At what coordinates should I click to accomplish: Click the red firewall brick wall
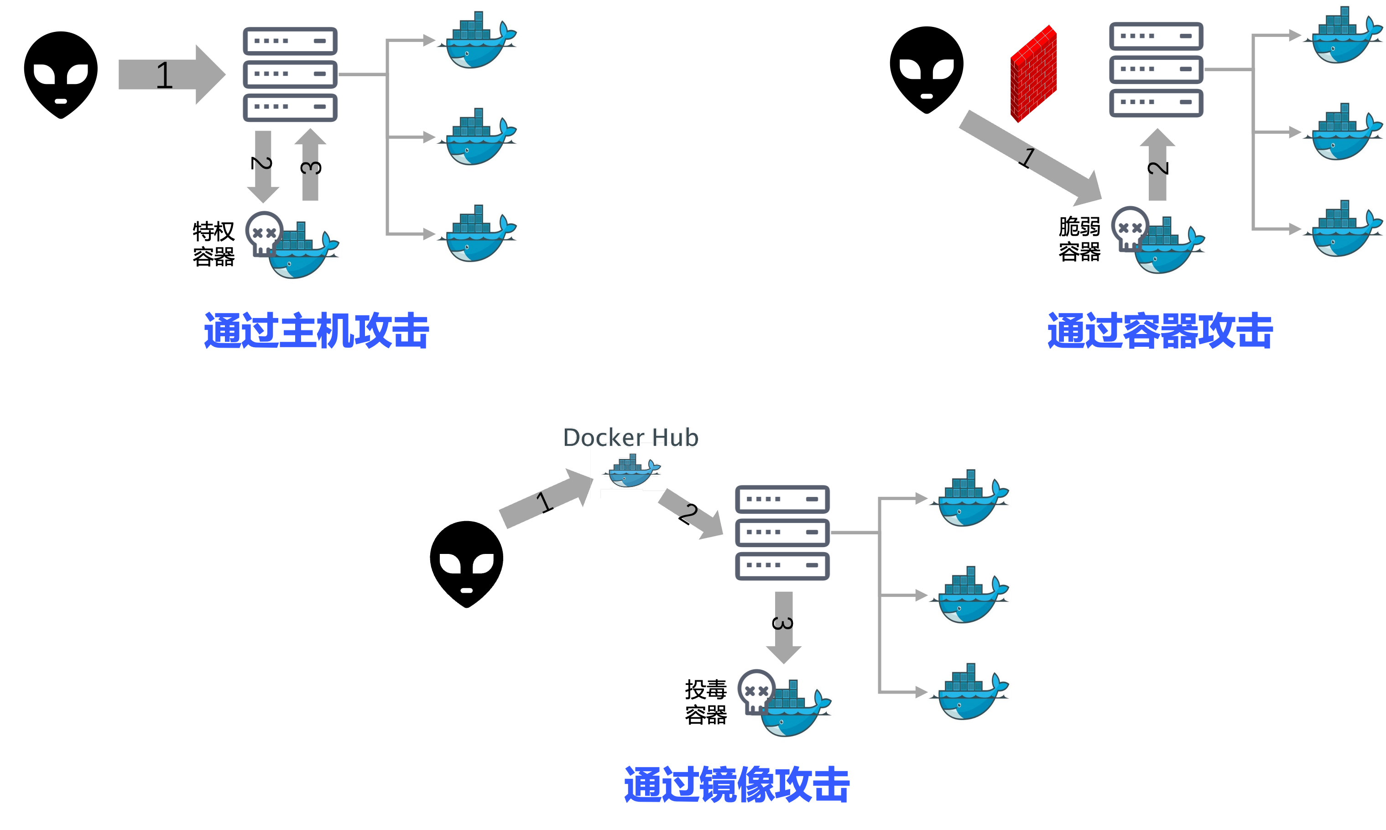point(1034,74)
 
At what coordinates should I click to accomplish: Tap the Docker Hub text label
point(630,438)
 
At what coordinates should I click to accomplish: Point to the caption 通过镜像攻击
point(737,785)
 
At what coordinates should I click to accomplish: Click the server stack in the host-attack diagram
point(290,74)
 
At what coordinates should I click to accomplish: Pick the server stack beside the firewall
point(1156,69)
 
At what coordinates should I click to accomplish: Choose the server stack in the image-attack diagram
point(782,532)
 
